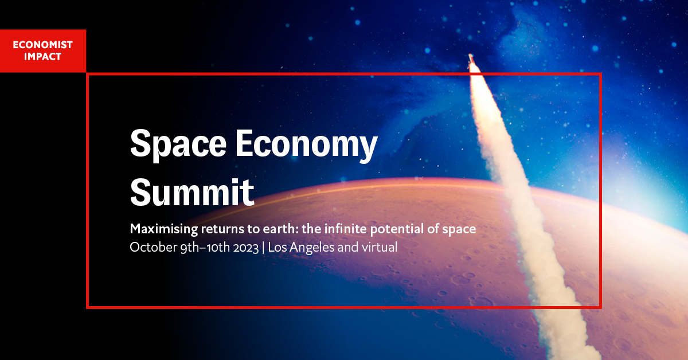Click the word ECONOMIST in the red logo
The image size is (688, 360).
[42, 45]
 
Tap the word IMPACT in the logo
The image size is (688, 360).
[42, 57]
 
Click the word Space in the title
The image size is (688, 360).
[178, 144]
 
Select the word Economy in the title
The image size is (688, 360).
[307, 144]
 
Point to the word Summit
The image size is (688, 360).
[192, 192]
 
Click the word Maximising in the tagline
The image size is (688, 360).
[164, 229]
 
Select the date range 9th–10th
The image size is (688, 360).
[205, 247]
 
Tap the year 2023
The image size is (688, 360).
[246, 248]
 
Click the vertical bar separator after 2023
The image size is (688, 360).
[263, 248]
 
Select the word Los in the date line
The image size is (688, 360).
[277, 247]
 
